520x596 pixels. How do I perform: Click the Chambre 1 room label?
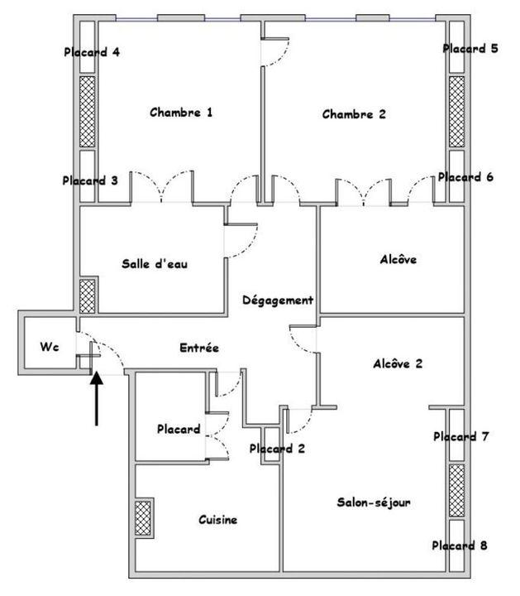click(x=181, y=113)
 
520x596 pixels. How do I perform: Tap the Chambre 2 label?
click(x=354, y=114)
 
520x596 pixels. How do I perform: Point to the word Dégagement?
click(x=278, y=300)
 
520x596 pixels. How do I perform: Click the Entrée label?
click(x=199, y=348)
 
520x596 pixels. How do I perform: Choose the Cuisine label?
click(x=218, y=520)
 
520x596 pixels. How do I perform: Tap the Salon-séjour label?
click(x=374, y=502)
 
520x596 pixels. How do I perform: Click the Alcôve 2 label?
click(x=398, y=363)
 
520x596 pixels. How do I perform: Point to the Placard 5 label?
click(x=470, y=48)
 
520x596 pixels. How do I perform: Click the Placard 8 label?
click(x=459, y=546)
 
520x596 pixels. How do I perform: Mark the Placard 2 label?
click(x=277, y=449)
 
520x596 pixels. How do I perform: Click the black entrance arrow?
click(x=97, y=399)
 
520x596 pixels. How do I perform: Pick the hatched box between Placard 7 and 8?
click(x=456, y=490)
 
